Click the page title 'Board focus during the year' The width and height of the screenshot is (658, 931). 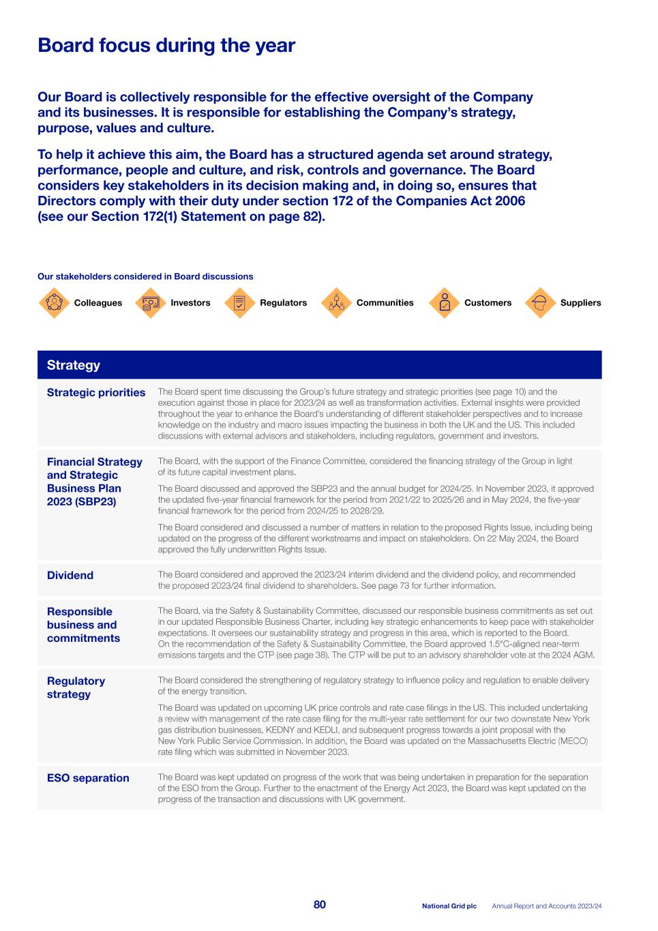166,46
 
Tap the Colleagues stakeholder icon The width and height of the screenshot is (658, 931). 54,303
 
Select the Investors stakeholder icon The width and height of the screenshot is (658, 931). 150,303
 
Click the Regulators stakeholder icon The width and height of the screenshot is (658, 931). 239,303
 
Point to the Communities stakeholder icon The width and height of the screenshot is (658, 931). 335,303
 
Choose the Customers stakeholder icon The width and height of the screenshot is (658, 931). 445,303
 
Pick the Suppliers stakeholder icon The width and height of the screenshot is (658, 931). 539,303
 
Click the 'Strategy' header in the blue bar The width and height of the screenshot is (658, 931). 74,365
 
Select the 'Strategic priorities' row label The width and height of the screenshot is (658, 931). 96,392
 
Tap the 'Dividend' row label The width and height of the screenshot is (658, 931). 70,575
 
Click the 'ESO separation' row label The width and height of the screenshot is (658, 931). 88,778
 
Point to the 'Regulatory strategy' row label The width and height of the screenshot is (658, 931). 76,688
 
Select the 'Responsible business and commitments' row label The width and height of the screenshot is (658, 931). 83,625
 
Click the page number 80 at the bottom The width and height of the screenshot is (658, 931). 320,904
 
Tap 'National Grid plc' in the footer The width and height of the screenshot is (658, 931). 449,906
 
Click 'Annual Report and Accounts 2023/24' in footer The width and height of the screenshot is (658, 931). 547,906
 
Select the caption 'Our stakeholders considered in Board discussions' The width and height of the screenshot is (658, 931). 145,276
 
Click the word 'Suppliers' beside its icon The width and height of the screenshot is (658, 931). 580,303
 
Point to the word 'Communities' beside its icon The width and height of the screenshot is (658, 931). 385,303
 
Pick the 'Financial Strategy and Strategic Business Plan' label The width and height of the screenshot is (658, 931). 95,482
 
